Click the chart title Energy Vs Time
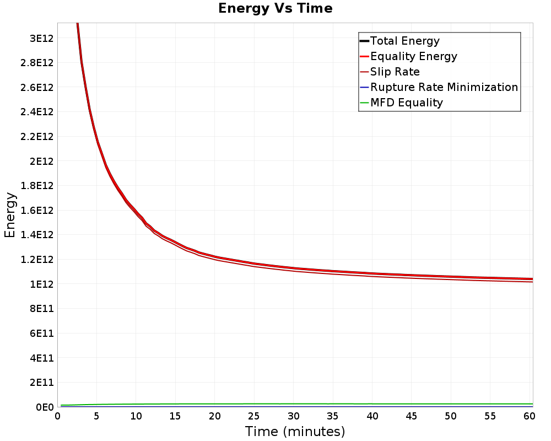point(275,9)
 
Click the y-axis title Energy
point(10,214)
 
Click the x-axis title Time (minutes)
point(295,431)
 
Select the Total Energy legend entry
point(405,41)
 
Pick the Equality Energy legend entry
point(414,56)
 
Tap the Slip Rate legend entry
point(395,72)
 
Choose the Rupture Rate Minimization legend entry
point(444,87)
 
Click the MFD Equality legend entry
point(407,103)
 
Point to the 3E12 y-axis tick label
point(41,38)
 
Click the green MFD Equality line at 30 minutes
point(294,404)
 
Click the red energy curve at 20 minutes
point(215,257)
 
